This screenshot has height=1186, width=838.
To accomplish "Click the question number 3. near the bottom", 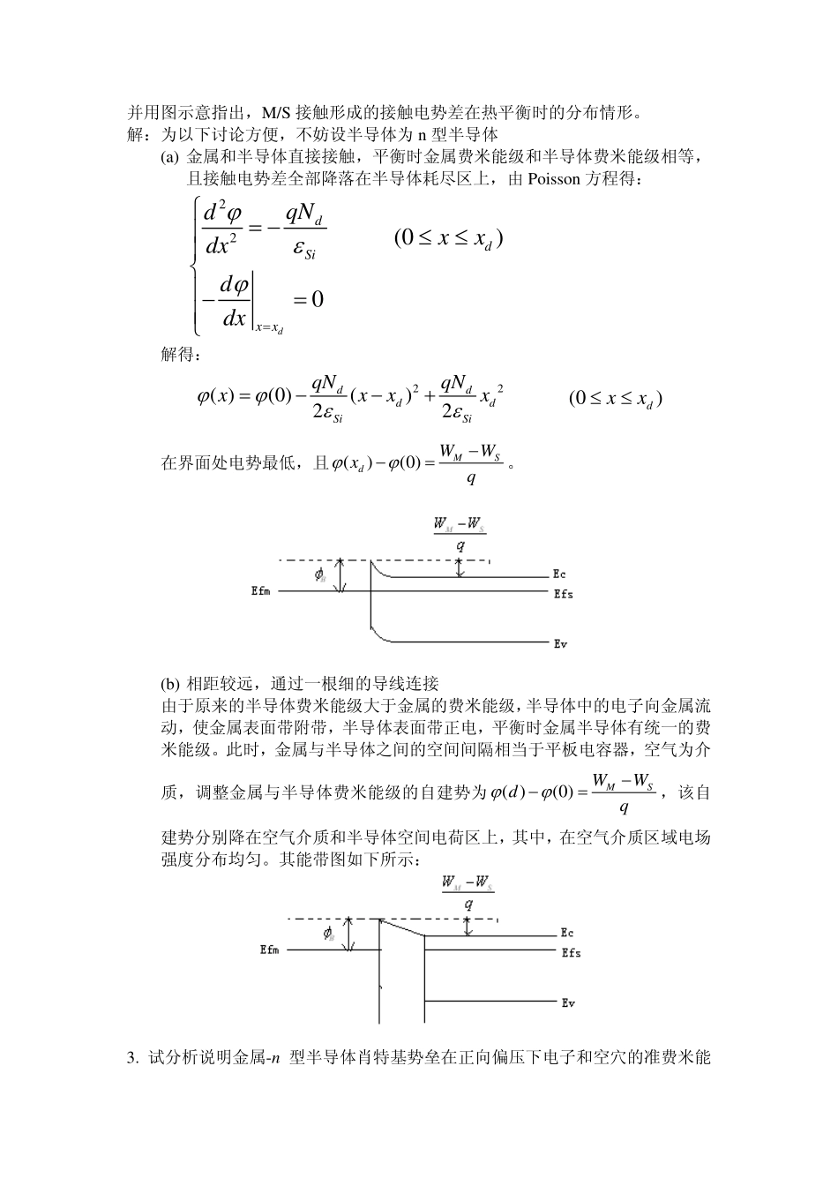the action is click(x=133, y=1057).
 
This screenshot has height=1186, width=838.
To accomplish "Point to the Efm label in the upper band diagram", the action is click(x=260, y=591).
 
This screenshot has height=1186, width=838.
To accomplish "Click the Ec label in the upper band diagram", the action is click(x=559, y=574).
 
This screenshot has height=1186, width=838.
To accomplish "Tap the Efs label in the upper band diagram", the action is click(x=563, y=594).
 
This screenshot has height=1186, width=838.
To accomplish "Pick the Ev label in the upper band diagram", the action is click(x=559, y=644).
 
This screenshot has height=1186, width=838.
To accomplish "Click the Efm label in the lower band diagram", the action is click(x=269, y=950).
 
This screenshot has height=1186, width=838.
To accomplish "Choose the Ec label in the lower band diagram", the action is click(x=566, y=933).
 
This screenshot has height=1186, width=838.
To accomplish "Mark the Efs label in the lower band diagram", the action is click(x=571, y=952).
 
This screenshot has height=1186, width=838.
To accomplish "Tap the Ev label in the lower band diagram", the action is click(x=567, y=1002).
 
